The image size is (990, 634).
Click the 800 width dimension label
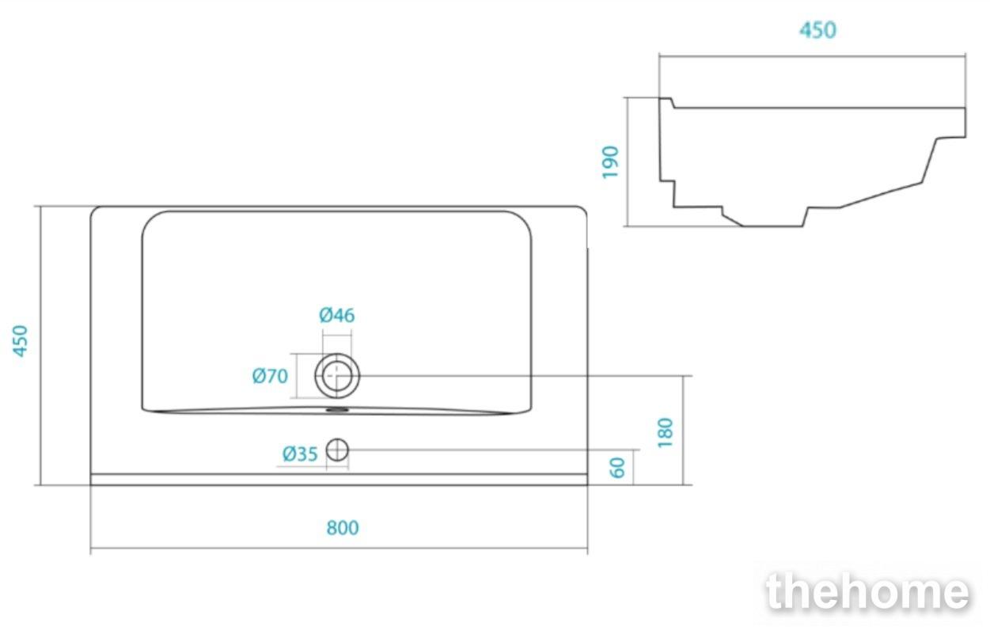343,528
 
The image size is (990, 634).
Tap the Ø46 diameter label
337,315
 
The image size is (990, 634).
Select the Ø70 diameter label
270,376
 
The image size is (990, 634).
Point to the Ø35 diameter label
300,454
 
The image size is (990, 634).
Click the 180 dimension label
666,433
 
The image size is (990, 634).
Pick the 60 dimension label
617,468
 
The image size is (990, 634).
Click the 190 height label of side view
610,162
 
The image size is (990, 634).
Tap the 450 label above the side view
817,30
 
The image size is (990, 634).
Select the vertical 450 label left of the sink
21,341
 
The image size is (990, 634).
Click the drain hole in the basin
337,376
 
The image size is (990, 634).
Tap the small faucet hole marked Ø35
337,450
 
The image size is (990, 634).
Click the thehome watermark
867,591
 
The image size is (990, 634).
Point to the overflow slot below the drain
337,410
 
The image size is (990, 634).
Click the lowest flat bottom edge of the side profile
772,226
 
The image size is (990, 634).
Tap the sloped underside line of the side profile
882,195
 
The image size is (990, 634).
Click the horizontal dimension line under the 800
339,549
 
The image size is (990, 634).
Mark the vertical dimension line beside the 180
683,430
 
